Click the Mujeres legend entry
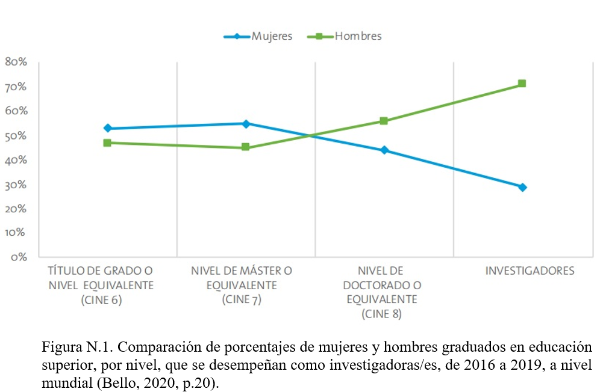pos(271,36)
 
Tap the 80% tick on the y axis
pos(16,62)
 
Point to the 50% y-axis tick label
pos(16,136)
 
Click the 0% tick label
pos(18,257)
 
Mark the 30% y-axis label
pos(16,185)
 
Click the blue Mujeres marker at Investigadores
pos(522,187)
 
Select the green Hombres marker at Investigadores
pos(522,84)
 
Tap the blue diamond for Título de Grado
pos(107,128)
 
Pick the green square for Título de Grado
pos(107,143)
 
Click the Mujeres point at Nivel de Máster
pos(246,123)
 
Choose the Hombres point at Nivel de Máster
pos(246,147)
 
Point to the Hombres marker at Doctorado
pos(384,121)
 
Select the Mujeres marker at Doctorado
pos(384,150)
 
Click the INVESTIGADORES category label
pos(530,271)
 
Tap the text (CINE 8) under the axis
pos(381,314)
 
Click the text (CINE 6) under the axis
pos(101,299)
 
